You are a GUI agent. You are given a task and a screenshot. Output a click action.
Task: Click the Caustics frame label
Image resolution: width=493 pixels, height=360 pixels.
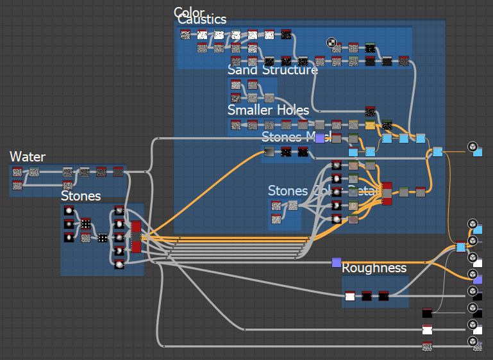(x=202, y=20)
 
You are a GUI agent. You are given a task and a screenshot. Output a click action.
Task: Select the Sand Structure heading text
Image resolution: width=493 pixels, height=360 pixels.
(x=272, y=70)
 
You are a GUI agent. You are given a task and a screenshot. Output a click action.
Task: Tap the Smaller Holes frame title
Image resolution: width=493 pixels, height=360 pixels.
(x=268, y=110)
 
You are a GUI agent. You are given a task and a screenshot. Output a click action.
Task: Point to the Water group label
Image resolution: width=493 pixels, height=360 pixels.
(x=28, y=157)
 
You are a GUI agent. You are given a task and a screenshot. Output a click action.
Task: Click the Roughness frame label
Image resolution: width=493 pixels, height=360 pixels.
(x=374, y=268)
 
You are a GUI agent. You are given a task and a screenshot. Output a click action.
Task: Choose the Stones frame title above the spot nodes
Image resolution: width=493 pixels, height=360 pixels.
(x=81, y=195)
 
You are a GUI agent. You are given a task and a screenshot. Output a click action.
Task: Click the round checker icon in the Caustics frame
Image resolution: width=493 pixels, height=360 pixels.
(x=331, y=43)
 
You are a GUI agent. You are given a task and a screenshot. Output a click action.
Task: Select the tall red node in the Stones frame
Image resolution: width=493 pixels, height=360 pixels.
(x=136, y=236)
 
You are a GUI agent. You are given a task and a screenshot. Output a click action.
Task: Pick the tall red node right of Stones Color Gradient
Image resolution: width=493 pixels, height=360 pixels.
(x=387, y=193)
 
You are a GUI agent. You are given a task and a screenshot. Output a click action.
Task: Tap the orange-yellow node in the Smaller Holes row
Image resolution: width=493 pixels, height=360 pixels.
(x=370, y=125)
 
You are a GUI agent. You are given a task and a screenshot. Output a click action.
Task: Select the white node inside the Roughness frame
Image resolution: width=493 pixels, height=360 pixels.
(x=349, y=295)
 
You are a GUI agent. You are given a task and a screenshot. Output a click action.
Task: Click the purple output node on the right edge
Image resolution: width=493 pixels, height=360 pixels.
(x=478, y=279)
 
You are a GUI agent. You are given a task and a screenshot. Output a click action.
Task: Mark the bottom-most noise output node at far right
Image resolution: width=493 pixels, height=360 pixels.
(x=427, y=347)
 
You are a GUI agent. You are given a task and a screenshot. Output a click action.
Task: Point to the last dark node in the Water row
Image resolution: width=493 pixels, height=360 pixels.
(x=118, y=172)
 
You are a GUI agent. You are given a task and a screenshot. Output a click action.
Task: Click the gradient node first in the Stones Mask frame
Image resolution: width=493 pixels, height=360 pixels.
(x=270, y=152)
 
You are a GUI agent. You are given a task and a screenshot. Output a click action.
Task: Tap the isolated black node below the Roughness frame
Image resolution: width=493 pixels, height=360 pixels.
(x=427, y=313)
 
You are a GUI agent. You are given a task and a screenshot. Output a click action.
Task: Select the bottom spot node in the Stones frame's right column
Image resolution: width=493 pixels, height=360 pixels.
(x=119, y=263)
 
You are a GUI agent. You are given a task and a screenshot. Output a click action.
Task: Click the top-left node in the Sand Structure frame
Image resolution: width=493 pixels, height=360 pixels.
(x=235, y=85)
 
